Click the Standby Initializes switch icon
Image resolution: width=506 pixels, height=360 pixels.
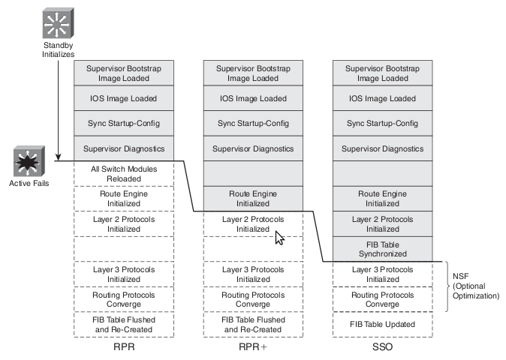(58, 25)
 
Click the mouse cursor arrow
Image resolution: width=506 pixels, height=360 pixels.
(279, 238)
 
